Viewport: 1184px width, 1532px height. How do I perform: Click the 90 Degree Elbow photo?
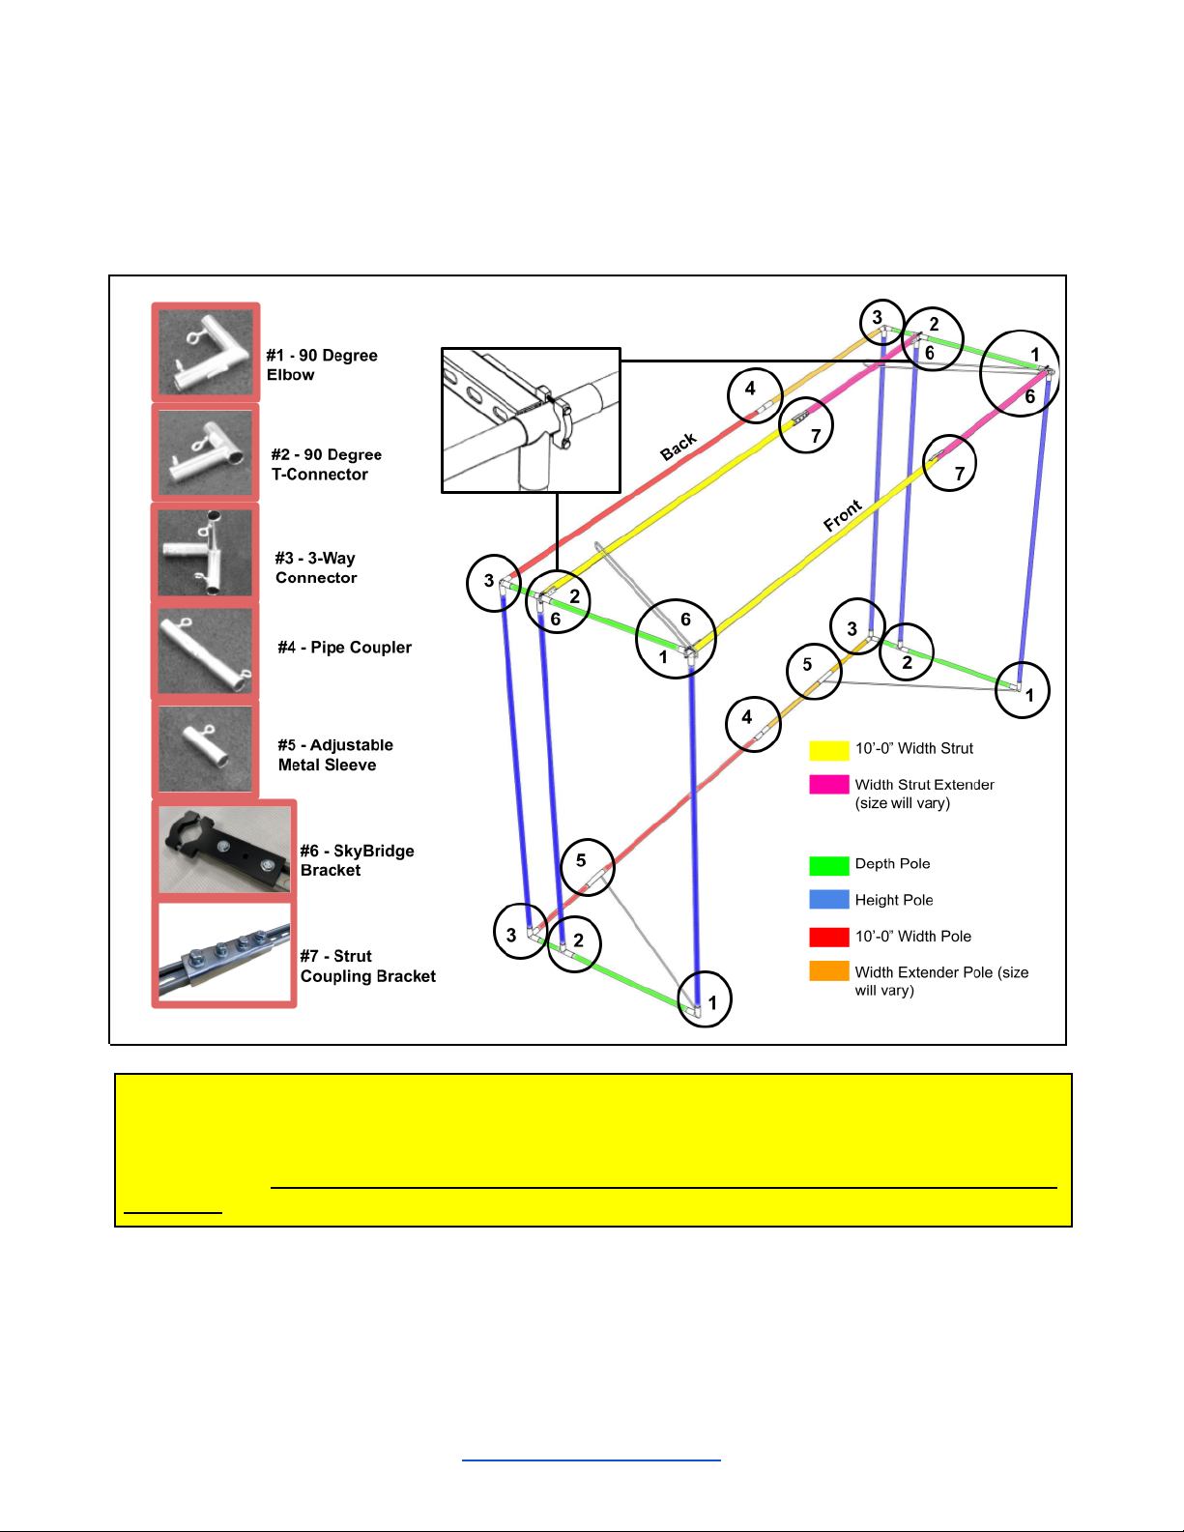click(x=205, y=352)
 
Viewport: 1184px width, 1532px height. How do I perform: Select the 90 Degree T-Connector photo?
click(x=205, y=452)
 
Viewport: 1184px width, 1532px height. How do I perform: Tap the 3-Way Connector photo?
click(x=205, y=552)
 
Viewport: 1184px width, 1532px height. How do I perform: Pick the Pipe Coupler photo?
click(x=205, y=650)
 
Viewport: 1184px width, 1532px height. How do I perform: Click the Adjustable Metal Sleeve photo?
click(x=205, y=749)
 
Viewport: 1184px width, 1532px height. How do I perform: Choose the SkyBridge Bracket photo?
click(x=224, y=850)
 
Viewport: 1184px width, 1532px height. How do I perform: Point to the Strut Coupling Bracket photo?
click(x=224, y=952)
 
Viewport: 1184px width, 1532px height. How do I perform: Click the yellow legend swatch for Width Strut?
click(x=829, y=750)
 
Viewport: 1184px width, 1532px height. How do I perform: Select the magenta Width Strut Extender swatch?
click(x=829, y=785)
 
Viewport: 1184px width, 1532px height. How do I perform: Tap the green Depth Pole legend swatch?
click(x=829, y=865)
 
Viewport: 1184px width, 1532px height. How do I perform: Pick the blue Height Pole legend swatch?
click(x=829, y=900)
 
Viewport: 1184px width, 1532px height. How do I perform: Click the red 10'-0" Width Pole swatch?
click(x=829, y=937)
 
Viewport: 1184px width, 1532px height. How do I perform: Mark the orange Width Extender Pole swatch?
click(x=829, y=971)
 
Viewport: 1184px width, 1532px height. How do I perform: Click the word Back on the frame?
click(x=678, y=447)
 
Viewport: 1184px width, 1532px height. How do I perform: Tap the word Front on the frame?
click(x=843, y=515)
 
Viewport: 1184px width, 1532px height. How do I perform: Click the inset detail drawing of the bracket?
click(x=531, y=420)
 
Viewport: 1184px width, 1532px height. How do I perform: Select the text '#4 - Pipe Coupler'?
click(x=345, y=648)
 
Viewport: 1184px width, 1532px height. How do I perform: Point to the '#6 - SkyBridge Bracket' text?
click(x=358, y=860)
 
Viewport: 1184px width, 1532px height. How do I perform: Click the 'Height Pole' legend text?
click(x=894, y=900)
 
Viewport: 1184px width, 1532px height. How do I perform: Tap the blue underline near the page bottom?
click(x=592, y=1460)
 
